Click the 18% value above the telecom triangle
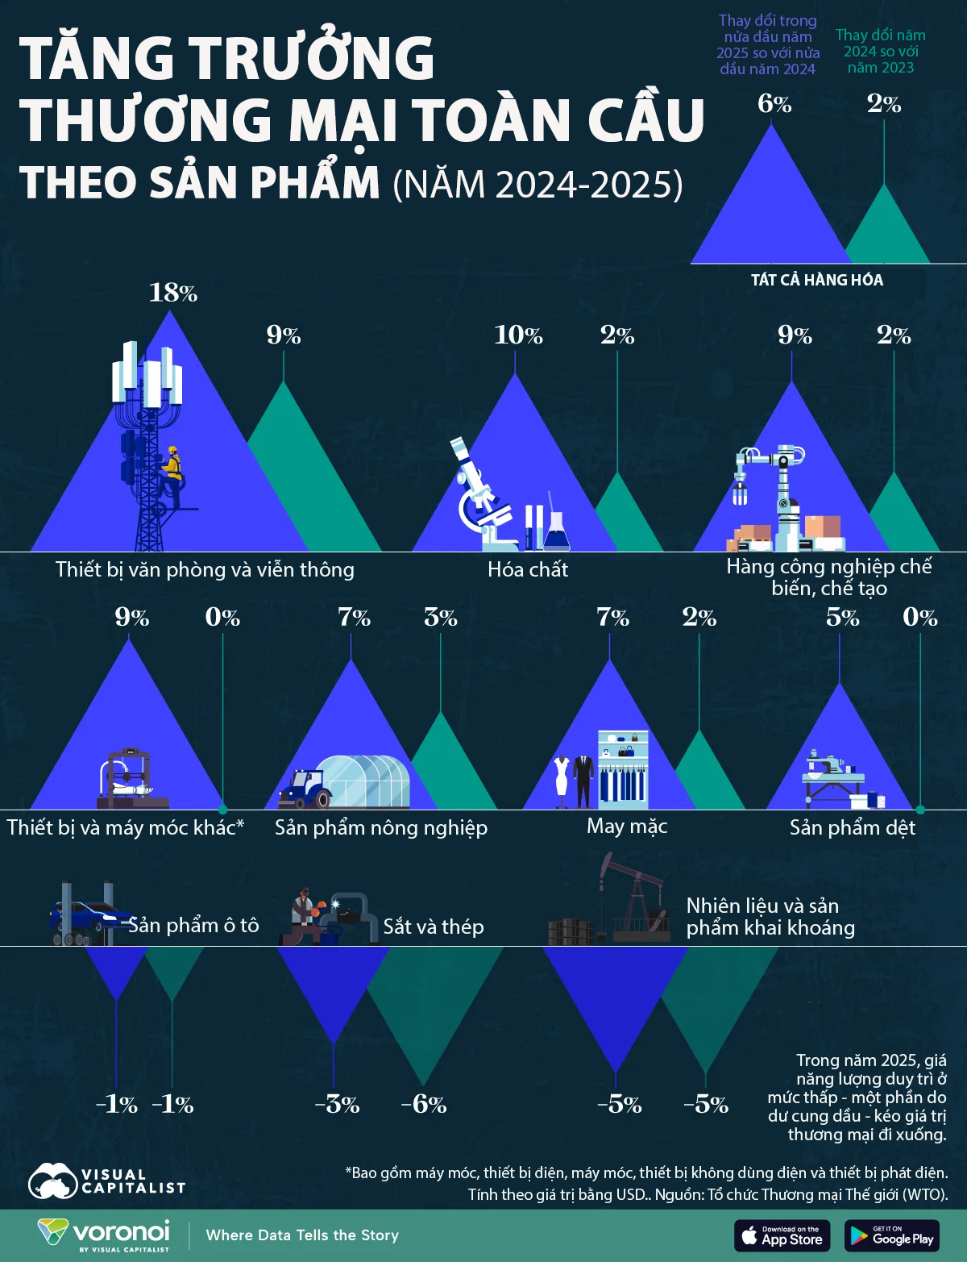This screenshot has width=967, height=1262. click(x=173, y=293)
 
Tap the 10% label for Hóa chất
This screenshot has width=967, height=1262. click(x=518, y=335)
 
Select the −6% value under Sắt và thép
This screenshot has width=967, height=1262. click(x=424, y=1104)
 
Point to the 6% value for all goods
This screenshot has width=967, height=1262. click(x=774, y=104)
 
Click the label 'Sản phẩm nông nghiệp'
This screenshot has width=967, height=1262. click(x=381, y=827)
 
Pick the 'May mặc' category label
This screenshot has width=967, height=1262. click(x=627, y=826)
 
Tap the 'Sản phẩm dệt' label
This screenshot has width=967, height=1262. click(x=853, y=827)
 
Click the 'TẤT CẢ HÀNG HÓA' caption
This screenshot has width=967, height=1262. click(x=817, y=280)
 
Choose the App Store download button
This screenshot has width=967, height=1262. click(x=782, y=1235)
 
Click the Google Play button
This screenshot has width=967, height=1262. click(x=892, y=1235)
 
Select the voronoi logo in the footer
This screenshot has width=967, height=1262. click(x=105, y=1234)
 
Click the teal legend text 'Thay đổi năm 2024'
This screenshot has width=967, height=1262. click(x=880, y=51)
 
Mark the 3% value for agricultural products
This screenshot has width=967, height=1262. click(x=441, y=618)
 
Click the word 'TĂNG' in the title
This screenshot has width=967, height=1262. click(x=95, y=58)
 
